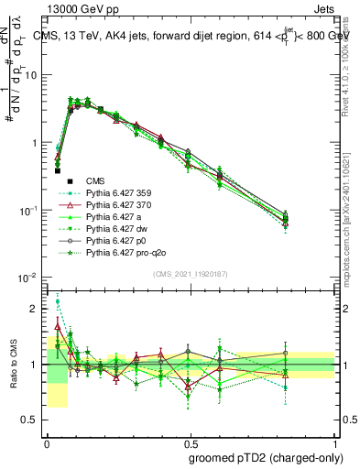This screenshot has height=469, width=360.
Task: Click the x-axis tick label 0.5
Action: point(191,441)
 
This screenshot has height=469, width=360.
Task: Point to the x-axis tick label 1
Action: point(336,441)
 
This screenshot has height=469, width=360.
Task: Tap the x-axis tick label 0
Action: point(47,441)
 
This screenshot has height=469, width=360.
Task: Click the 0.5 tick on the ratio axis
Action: point(29,420)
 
